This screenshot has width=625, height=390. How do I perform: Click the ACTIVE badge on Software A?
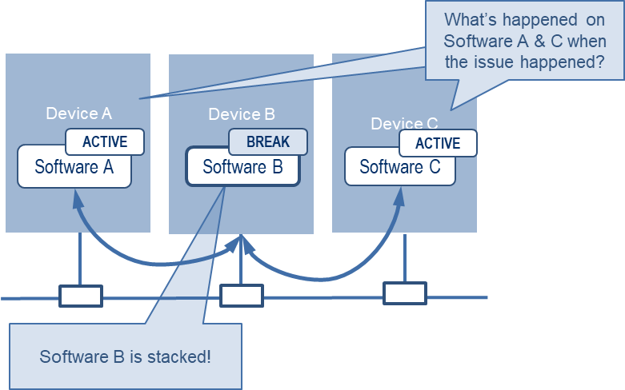105,141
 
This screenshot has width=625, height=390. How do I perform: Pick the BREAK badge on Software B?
268,141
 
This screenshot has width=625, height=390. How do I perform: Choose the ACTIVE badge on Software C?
438,143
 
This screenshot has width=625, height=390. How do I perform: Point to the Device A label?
79,113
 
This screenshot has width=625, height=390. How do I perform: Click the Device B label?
242,114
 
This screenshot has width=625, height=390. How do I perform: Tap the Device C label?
404,123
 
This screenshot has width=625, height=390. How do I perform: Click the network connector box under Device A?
81,296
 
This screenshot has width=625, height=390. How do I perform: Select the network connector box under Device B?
242,296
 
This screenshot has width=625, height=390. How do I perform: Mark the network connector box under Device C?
405,293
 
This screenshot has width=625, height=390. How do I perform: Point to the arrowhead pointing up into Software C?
399,197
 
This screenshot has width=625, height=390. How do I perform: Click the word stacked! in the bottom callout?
179,356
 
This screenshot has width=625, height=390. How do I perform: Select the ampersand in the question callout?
539,41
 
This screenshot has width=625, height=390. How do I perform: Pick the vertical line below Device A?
80,259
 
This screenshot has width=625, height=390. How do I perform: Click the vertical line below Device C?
405,258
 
